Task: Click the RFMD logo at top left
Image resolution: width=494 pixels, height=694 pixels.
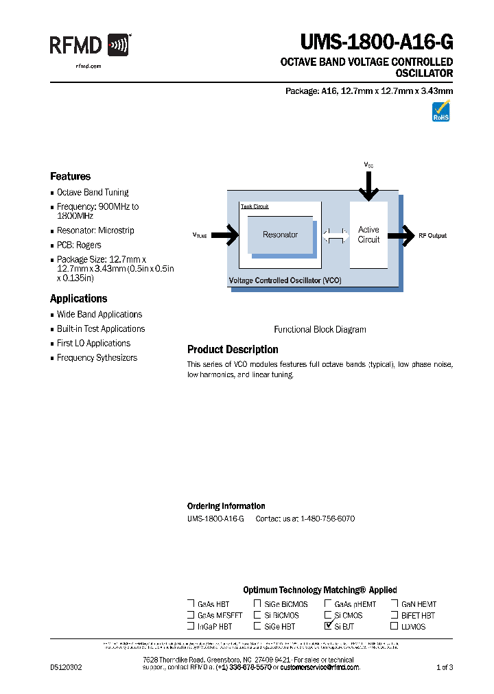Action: tap(89, 45)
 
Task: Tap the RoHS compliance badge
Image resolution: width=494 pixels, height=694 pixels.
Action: tap(440, 110)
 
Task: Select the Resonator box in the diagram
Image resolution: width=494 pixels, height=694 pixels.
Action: tap(280, 235)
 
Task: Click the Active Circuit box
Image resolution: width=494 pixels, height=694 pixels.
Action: tap(368, 235)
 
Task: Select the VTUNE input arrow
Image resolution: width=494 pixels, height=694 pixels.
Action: tap(226, 235)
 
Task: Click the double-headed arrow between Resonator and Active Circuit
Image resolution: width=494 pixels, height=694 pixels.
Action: tap(336, 235)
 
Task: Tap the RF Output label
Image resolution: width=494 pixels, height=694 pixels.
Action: tap(432, 235)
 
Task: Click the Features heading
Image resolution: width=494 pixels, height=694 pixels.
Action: tap(70, 176)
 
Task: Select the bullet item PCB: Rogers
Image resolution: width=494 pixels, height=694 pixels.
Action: tap(79, 245)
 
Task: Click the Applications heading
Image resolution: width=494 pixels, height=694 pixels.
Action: tap(78, 298)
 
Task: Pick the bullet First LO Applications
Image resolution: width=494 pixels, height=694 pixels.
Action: tap(93, 343)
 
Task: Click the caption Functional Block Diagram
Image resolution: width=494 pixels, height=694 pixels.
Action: tap(320, 329)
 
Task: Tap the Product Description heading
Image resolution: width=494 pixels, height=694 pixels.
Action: tap(233, 349)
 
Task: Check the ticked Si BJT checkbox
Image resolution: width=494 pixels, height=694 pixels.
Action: tap(328, 625)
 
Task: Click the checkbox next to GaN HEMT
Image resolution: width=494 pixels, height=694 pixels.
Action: tap(395, 604)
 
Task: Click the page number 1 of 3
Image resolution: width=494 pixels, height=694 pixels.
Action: tap(445, 667)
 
